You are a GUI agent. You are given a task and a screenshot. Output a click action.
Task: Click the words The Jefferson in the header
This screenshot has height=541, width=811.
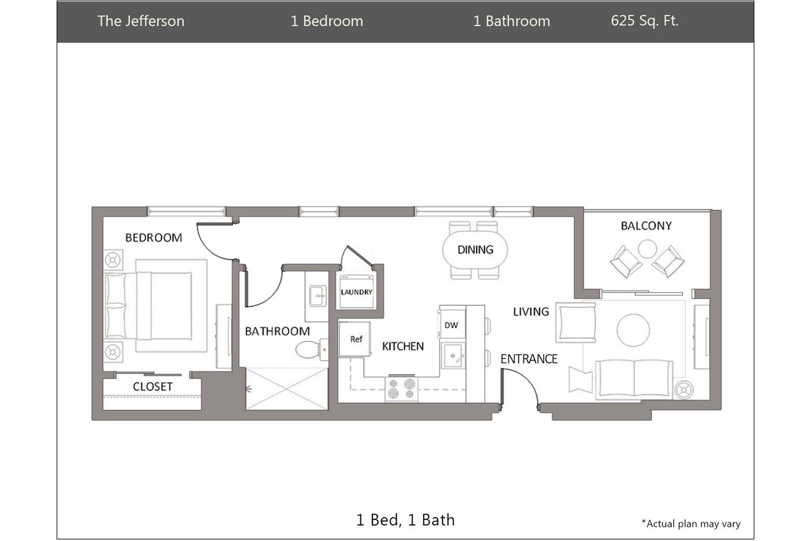tap(141, 21)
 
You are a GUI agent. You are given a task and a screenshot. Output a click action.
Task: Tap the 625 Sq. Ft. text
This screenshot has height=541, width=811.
tap(644, 21)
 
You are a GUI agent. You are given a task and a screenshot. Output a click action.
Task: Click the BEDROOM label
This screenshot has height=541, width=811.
tap(154, 237)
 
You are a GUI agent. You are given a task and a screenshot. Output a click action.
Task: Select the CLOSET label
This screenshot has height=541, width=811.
tap(152, 386)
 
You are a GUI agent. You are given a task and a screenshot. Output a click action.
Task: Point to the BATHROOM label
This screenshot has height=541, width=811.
tap(277, 331)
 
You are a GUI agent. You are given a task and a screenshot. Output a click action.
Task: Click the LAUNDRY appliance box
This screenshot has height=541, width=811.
tap(356, 292)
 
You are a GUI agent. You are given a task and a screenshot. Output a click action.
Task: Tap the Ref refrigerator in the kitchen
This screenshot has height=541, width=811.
tap(355, 339)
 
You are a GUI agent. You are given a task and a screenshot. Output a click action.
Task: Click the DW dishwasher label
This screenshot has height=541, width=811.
tap(451, 325)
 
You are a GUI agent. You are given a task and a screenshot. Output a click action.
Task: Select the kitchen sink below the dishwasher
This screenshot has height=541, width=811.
tap(453, 356)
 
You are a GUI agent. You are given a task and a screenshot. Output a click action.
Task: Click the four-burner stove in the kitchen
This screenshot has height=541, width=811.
tap(401, 389)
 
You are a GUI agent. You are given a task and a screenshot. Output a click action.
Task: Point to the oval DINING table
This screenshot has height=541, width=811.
tap(475, 249)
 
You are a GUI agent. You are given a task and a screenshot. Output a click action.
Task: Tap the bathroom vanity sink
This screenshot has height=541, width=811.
tap(317, 296)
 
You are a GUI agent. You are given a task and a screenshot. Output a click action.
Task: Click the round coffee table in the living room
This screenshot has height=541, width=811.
tap(633, 330)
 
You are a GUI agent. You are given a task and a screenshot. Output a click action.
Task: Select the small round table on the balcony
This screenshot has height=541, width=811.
tap(647, 249)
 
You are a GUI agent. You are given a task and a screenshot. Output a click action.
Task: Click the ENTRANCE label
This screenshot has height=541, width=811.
tap(529, 359)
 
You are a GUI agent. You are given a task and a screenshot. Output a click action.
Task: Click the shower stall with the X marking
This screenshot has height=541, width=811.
tap(287, 389)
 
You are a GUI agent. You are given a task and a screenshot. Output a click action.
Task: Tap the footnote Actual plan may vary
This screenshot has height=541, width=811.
tap(691, 523)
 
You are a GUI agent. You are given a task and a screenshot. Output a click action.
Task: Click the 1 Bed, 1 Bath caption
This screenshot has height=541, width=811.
tap(405, 520)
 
